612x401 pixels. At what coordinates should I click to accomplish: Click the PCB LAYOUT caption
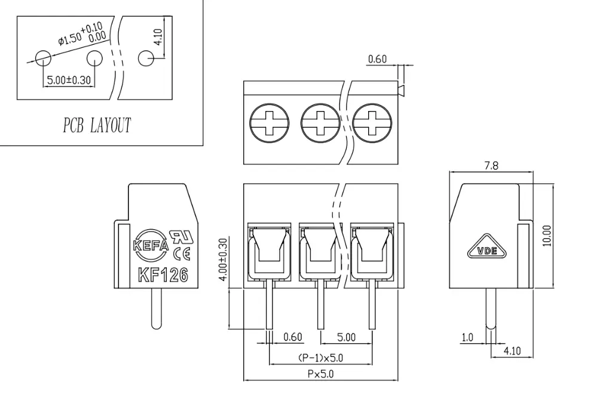tap(97, 126)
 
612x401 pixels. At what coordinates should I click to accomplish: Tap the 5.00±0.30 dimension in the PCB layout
tap(69, 80)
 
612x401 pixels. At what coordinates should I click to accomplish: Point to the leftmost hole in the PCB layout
tap(43, 58)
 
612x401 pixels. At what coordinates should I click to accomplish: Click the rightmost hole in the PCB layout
tap(146, 58)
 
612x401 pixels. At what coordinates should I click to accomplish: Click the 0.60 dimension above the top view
tap(377, 58)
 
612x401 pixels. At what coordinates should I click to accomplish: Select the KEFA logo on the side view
tap(151, 245)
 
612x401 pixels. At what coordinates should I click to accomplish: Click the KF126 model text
tap(163, 276)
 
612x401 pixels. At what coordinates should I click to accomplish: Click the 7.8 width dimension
tap(491, 166)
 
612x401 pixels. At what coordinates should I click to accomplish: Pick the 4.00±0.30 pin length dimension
tap(224, 260)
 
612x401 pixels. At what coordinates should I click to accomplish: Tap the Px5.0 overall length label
tap(321, 374)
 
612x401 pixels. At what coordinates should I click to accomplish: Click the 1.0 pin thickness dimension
tap(467, 338)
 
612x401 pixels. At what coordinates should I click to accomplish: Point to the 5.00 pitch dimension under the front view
tap(346, 337)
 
